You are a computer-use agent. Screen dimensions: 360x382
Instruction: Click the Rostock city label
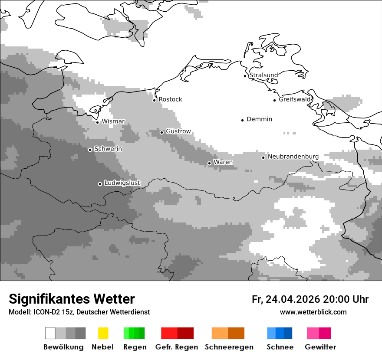tap(170, 99)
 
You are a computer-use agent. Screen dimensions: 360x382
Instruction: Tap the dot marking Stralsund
tap(245, 76)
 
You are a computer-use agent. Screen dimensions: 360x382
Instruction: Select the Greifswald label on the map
tap(295, 99)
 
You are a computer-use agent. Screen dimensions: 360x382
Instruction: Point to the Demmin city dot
tap(243, 120)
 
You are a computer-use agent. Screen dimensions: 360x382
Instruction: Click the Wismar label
tap(113, 121)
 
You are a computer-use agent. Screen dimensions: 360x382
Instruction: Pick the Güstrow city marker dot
tap(161, 132)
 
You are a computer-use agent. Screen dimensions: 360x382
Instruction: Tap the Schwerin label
tap(108, 149)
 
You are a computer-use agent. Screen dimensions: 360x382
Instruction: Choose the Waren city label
tap(223, 162)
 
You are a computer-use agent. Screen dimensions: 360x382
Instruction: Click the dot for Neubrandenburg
tap(263, 157)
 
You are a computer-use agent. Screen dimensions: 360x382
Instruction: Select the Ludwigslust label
tap(122, 183)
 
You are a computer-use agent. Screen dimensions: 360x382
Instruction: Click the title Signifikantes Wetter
tap(72, 299)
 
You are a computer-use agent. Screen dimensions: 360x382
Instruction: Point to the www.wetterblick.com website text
tap(313, 312)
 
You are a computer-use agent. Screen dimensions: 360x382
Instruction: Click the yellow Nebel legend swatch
tap(103, 333)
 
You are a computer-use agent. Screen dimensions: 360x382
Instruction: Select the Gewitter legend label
tap(320, 347)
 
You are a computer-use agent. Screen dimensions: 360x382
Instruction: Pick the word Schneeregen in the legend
tap(229, 347)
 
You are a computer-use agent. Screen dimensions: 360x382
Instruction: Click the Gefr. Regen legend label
tap(177, 347)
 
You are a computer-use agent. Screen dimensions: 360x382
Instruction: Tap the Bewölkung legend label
tap(63, 347)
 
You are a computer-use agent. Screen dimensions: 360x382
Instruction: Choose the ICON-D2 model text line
tap(79, 312)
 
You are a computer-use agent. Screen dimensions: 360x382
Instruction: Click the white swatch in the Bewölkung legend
tap(50, 333)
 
